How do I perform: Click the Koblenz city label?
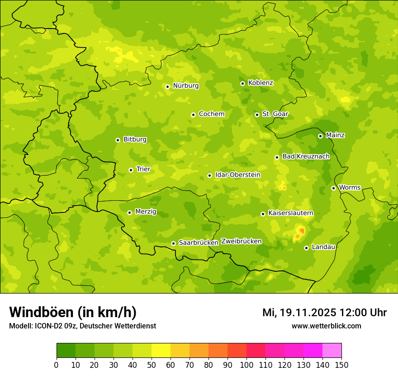[x=261, y=83]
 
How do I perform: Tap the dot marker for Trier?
[x=131, y=170]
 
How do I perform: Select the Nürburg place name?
[x=185, y=86]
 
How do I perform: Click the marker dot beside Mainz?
[x=320, y=136]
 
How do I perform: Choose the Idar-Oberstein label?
[x=237, y=174]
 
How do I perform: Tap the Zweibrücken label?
[x=241, y=241]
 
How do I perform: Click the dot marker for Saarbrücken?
[x=173, y=243]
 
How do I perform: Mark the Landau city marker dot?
[x=306, y=248]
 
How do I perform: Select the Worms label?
[x=349, y=188]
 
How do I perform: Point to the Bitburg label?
[x=135, y=140]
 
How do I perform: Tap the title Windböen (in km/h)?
[x=72, y=312]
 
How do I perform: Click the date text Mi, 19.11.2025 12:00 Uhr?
[x=324, y=313]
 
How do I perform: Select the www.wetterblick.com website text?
[x=326, y=326]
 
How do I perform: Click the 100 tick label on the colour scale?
[x=246, y=365]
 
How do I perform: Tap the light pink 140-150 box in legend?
[x=332, y=351]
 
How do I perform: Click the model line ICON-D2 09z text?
[x=82, y=326]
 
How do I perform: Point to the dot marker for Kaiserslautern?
[x=263, y=214]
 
